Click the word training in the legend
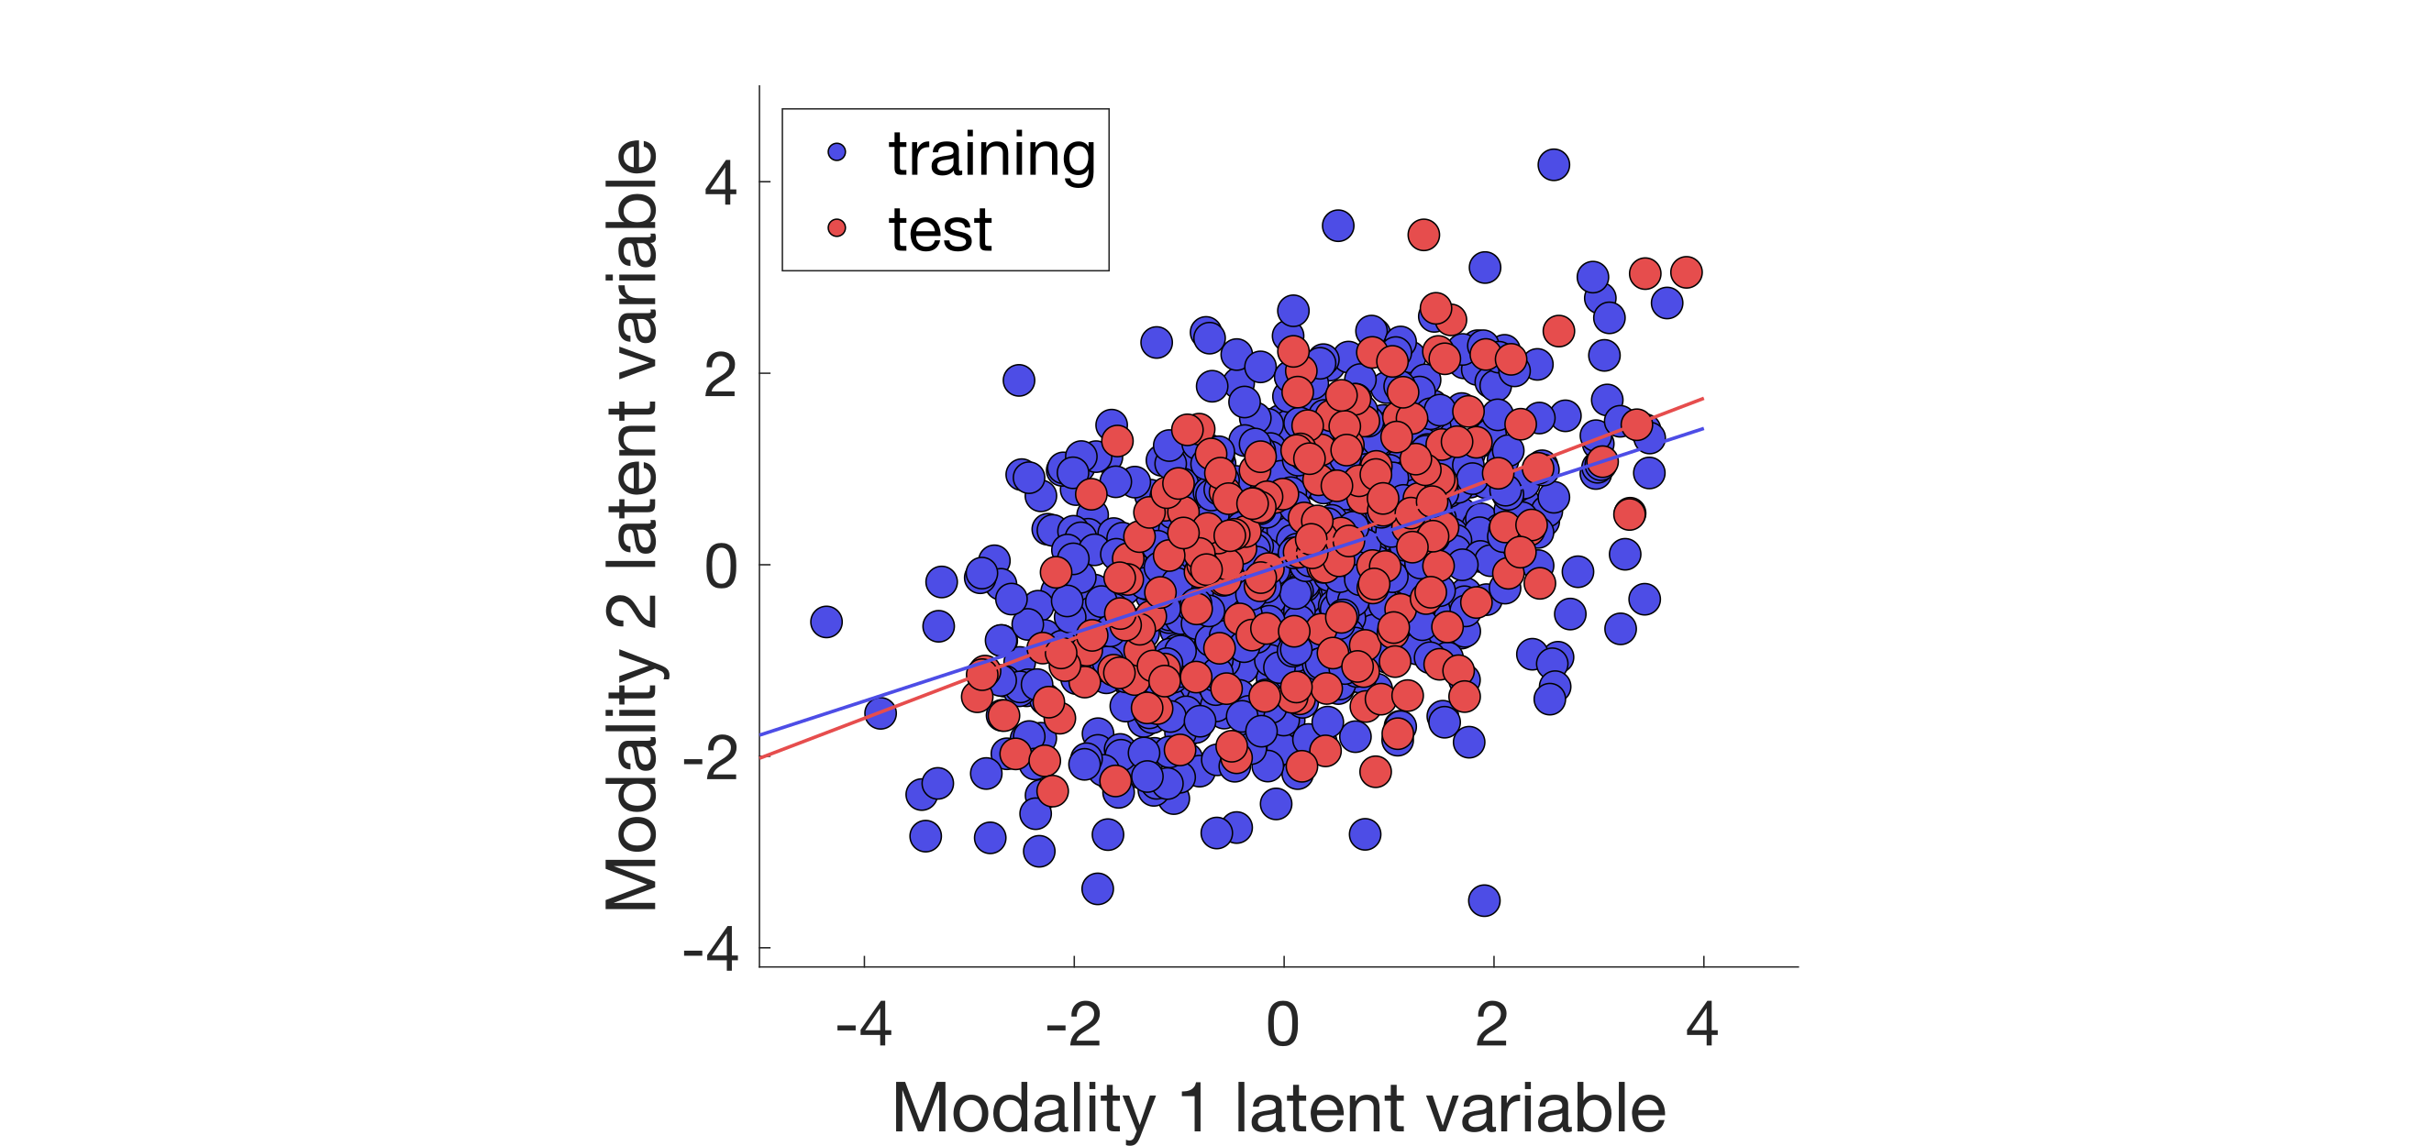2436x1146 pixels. pyautogui.click(x=991, y=154)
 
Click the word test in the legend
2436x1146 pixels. pyautogui.click(x=940, y=230)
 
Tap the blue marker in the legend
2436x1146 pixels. pyautogui.click(x=836, y=151)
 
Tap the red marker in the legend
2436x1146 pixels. pyautogui.click(x=836, y=228)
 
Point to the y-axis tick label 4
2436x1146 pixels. pyautogui.click(x=721, y=182)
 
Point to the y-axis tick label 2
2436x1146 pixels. pyautogui.click(x=721, y=375)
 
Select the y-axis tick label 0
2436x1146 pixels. pyautogui.click(x=721, y=567)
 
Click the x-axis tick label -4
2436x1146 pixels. pyautogui.click(x=863, y=1024)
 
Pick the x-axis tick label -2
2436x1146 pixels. pyautogui.click(x=1073, y=1024)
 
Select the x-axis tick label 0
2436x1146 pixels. pyautogui.click(x=1283, y=1024)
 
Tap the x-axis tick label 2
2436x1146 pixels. pyautogui.click(x=1492, y=1024)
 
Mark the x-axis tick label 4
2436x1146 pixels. pyautogui.click(x=1702, y=1024)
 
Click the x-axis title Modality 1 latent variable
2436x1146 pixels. pyautogui.click(x=1279, y=1107)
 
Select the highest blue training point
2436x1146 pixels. pyautogui.click(x=1554, y=164)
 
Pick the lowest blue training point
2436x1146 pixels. pyautogui.click(x=1484, y=900)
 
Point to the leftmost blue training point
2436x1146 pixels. pyautogui.click(x=826, y=623)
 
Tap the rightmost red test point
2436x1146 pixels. pyautogui.click(x=1686, y=272)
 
